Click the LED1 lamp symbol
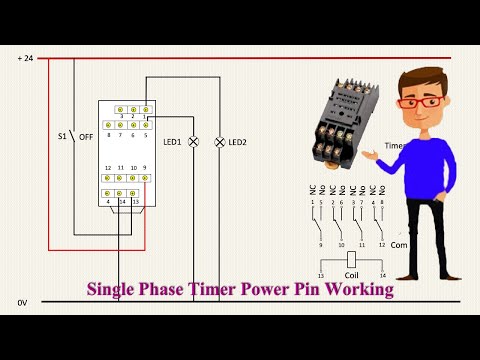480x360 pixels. (194, 143)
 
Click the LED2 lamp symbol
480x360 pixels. (218, 143)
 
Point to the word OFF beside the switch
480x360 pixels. (88, 136)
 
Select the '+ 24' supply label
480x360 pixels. (25, 59)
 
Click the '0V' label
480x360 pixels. (22, 301)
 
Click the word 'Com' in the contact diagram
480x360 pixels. (398, 244)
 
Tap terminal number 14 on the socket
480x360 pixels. (121, 202)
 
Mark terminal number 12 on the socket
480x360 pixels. (109, 167)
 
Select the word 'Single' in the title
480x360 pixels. (114, 290)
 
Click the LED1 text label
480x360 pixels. (172, 143)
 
